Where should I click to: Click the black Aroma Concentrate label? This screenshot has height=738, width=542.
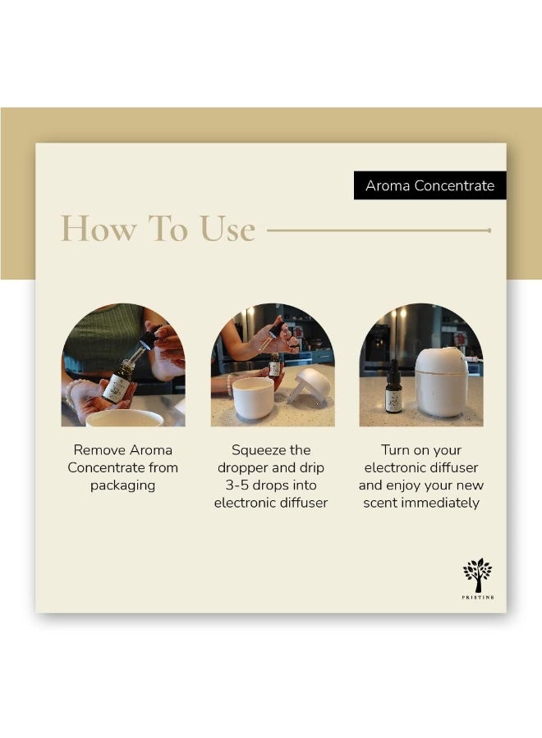coord(429,185)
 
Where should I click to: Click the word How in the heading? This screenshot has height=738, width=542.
coord(99,230)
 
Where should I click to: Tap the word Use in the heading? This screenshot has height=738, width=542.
coord(227,230)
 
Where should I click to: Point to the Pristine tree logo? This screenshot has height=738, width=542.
coord(478,575)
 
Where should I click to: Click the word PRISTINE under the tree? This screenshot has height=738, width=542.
coord(478,597)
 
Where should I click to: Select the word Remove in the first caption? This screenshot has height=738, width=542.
coord(99,450)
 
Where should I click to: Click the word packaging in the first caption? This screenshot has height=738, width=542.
coord(122,485)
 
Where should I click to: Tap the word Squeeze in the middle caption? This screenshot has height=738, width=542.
coord(254,450)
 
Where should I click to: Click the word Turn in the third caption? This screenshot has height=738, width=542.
coord(395,450)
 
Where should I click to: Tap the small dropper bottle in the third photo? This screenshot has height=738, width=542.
coord(393,386)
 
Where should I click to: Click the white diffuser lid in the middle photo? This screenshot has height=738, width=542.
coord(310,385)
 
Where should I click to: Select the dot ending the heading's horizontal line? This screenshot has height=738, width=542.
coord(489,230)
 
